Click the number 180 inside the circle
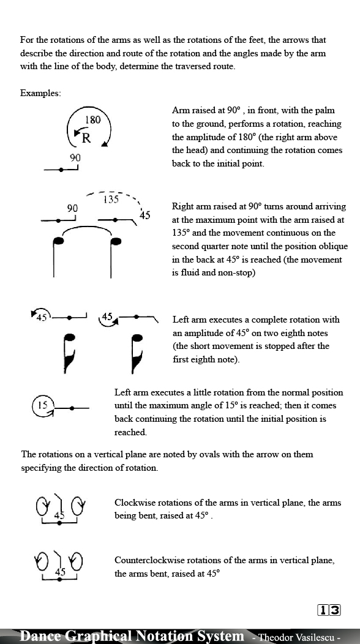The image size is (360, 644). (x=92, y=120)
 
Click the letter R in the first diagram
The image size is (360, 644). (x=86, y=138)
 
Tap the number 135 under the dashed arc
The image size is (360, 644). (x=111, y=200)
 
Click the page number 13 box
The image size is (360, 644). (x=329, y=610)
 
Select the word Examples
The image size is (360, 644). (x=40, y=93)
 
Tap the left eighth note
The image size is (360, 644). (x=69, y=353)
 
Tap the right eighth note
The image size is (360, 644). (x=137, y=353)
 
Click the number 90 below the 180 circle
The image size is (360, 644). (x=75, y=158)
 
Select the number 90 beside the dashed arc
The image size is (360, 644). (x=72, y=208)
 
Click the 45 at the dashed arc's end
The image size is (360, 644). (x=144, y=215)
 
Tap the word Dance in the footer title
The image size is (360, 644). (x=40, y=636)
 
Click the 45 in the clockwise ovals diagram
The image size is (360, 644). (x=59, y=515)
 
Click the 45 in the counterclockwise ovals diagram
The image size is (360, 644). (x=60, y=572)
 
